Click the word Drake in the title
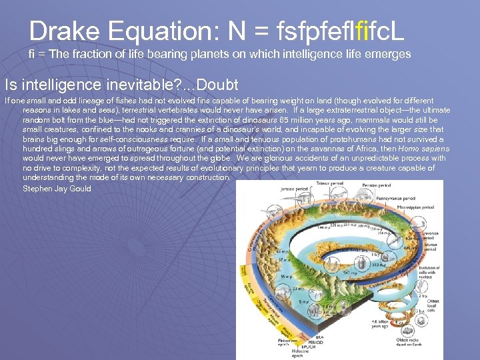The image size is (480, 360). (60, 31)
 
